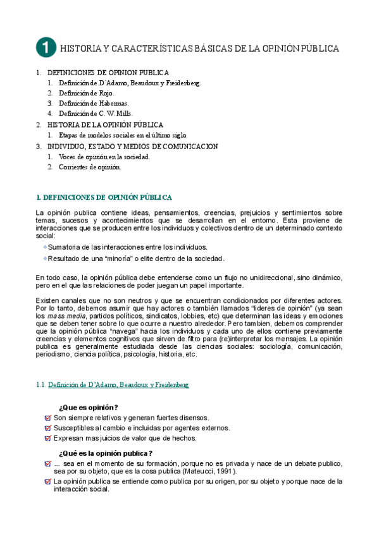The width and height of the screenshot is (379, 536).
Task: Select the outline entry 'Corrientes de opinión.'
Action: click(x=89, y=167)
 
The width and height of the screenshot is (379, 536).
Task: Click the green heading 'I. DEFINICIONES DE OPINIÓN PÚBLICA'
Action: click(x=104, y=197)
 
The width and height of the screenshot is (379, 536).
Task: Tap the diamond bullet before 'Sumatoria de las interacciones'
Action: click(x=45, y=247)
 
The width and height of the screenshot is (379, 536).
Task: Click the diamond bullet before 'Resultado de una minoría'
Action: click(x=45, y=258)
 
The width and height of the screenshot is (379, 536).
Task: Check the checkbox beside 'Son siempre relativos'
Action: click(x=48, y=418)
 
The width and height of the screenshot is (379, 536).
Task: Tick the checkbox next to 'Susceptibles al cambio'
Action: click(x=48, y=428)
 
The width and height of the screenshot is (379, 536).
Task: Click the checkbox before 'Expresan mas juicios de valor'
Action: click(x=48, y=437)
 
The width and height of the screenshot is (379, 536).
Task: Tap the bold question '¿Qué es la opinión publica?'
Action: click(x=105, y=453)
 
